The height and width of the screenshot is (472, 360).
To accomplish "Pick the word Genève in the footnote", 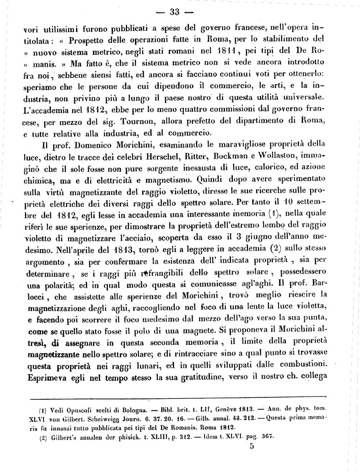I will (215, 408).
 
